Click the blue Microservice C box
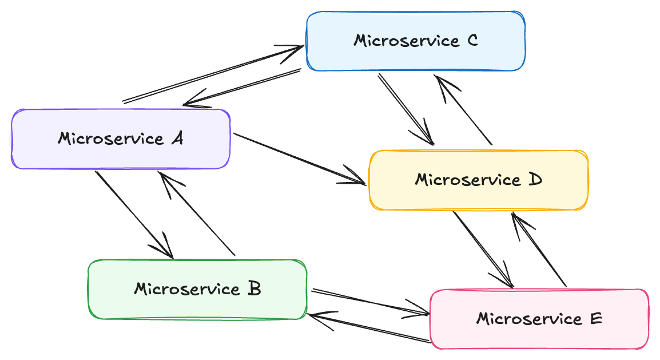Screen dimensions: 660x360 415,41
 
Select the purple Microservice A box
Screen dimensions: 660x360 121,139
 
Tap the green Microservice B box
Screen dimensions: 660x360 197,289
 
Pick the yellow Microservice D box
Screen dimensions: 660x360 479,180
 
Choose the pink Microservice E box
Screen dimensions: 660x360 539,319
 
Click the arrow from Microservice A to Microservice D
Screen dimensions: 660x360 300,159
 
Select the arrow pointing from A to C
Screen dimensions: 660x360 213,74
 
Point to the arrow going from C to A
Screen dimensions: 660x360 242,87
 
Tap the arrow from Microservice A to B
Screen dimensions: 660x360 134,214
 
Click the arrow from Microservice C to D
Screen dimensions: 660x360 405,109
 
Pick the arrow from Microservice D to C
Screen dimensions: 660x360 463,110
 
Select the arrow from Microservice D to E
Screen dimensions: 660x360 483,250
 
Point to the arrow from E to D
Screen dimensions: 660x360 539,250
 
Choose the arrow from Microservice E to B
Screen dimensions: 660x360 369,327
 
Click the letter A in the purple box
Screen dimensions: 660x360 178,138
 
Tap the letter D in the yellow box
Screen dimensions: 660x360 535,180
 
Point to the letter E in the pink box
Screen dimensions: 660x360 596,318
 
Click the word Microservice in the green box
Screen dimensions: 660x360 187,289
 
